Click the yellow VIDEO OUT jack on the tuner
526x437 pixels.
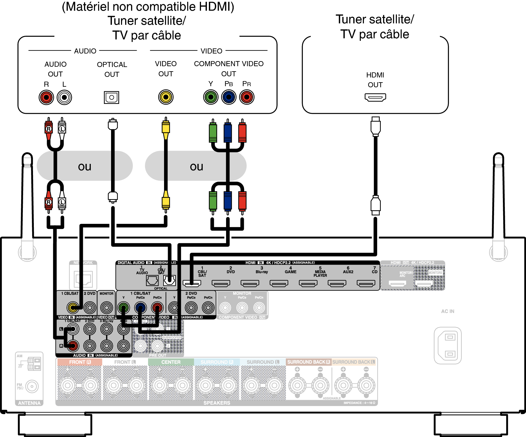click(166, 97)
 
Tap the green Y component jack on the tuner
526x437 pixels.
click(211, 97)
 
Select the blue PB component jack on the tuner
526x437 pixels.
click(229, 97)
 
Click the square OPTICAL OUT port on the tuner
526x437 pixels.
click(112, 97)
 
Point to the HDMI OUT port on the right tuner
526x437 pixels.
click(375, 97)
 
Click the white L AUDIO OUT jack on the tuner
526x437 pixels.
click(64, 97)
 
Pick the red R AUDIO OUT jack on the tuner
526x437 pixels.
click(46, 97)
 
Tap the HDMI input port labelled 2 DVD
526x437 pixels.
click(221, 283)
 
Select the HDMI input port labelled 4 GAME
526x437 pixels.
click(279, 283)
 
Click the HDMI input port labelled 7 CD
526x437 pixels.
click(366, 283)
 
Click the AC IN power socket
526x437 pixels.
click(448, 345)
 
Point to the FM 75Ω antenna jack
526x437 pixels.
click(32, 386)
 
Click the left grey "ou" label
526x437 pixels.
click(85, 166)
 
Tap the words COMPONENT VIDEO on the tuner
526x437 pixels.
click(229, 64)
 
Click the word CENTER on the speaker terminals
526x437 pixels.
click(171, 362)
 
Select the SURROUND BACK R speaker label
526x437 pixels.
click(308, 362)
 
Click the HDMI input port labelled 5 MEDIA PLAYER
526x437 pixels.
click(308, 283)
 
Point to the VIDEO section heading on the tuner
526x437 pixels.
click(211, 51)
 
